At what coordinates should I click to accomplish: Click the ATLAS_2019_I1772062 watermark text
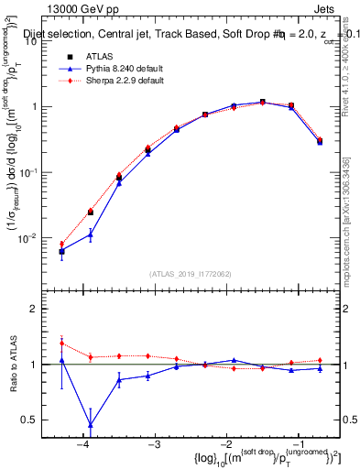pos(191,273)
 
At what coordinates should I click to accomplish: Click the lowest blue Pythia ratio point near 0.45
pos(91,425)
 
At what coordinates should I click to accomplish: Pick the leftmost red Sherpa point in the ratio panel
pos(61,344)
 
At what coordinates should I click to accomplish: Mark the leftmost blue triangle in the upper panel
pos(61,250)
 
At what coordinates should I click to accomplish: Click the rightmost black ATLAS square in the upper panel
pos(320,141)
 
